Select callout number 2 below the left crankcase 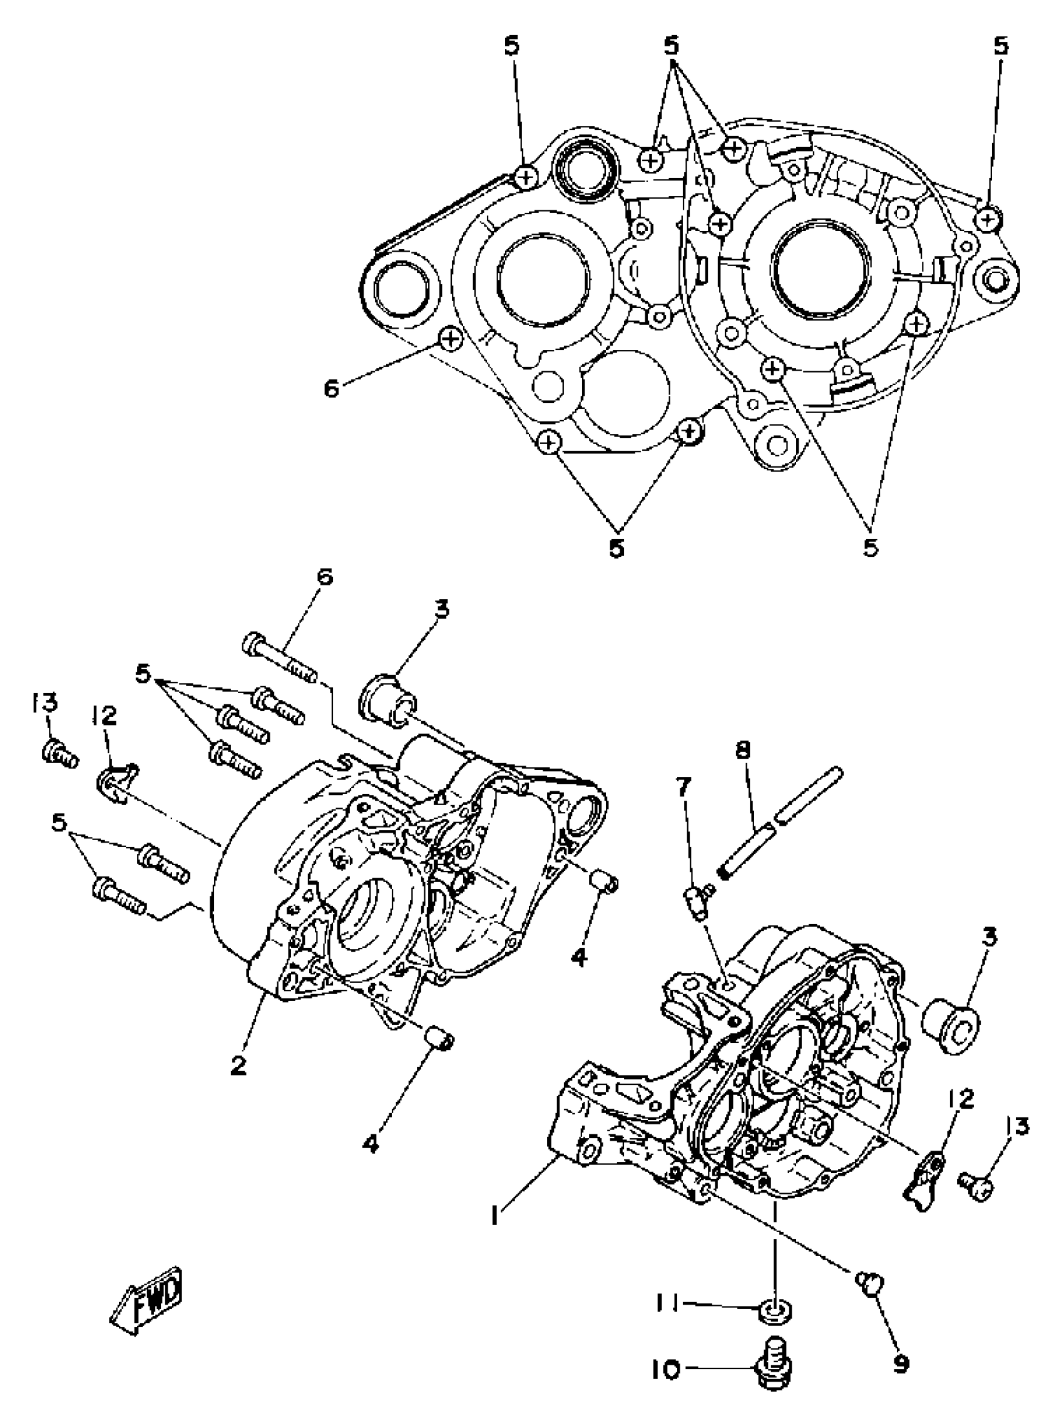click(x=238, y=1066)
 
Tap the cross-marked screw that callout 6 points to click(x=450, y=337)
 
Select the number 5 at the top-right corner click(x=1000, y=46)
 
